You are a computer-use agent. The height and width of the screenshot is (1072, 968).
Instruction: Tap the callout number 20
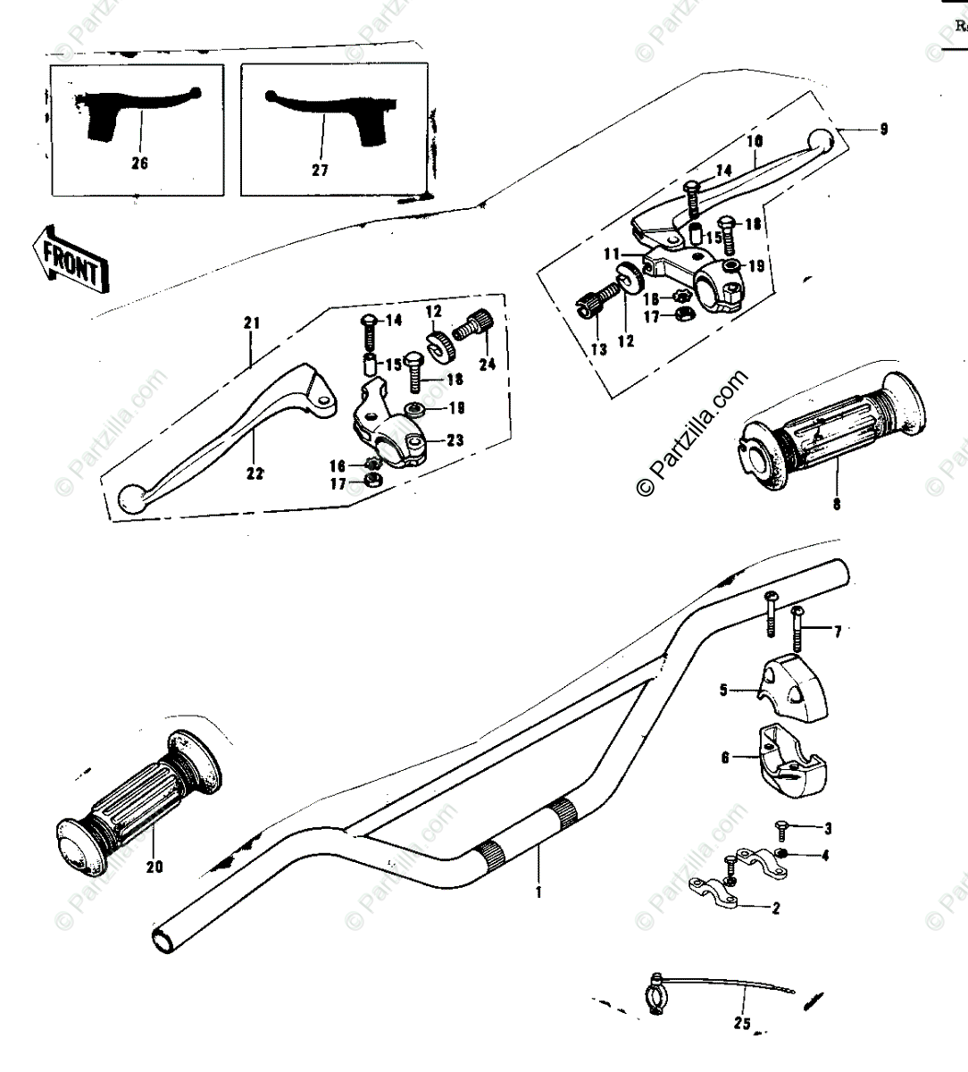(x=154, y=866)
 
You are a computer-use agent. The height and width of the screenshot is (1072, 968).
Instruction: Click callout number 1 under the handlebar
(x=538, y=891)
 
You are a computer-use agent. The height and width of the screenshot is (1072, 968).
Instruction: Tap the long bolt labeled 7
(x=797, y=632)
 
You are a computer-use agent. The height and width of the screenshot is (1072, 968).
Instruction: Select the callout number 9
(x=882, y=129)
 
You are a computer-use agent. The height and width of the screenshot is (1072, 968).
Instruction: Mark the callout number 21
(x=250, y=322)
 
